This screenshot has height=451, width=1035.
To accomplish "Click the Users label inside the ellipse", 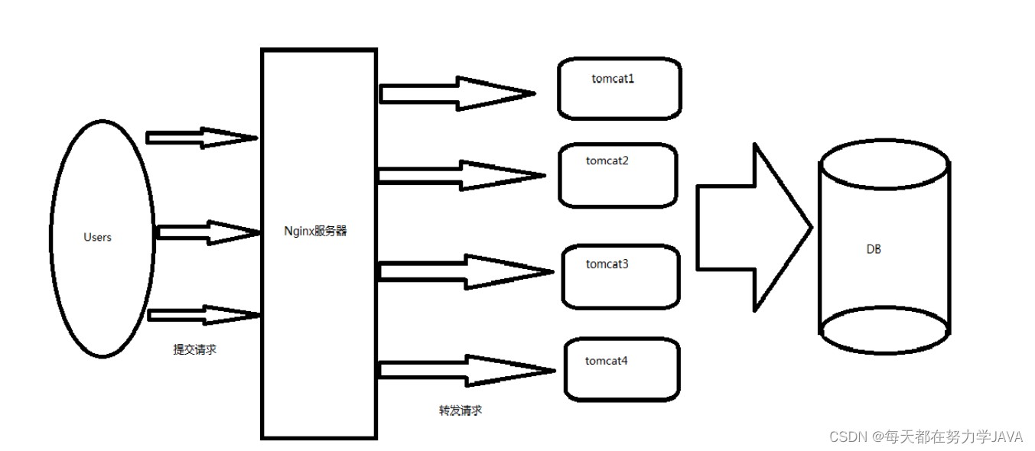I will (97, 238).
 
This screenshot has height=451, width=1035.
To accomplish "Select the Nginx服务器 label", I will (314, 231).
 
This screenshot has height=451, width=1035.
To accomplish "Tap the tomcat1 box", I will (620, 89).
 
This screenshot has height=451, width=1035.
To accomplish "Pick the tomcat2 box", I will (618, 175).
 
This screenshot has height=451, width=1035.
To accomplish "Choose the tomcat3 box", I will (620, 276).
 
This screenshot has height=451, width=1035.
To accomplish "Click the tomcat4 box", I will (622, 370).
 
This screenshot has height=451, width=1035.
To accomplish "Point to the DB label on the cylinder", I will (874, 249).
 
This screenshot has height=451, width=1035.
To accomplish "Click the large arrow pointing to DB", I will (753, 227).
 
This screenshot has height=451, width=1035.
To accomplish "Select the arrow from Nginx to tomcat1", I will (457, 93).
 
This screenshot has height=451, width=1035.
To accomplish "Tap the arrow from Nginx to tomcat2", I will (461, 176).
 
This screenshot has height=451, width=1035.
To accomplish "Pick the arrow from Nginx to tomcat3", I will (465, 271).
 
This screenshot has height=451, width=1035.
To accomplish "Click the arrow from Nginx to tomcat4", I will (466, 370).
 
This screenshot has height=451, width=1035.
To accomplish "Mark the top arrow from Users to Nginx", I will (201, 138).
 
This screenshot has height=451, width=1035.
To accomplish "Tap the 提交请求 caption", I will (195, 349).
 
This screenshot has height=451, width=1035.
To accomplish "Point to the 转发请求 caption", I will (461, 410).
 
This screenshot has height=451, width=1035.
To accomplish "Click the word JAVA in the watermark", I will (1007, 436).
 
